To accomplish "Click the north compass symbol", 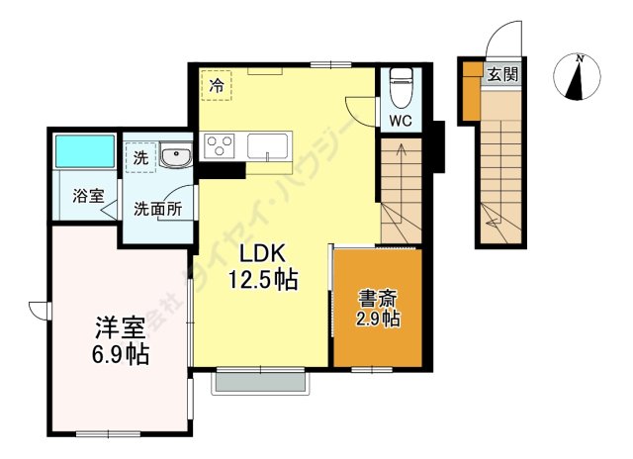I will (x=578, y=77).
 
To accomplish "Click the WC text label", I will (x=401, y=122).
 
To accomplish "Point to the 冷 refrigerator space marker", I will (x=216, y=84).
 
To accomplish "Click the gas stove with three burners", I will (x=219, y=147).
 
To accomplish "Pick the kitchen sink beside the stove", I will (x=269, y=146).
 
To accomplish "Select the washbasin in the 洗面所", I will (x=176, y=155).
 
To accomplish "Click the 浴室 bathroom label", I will (x=87, y=196).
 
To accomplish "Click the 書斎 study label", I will (x=378, y=297).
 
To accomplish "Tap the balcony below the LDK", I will (x=262, y=382).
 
